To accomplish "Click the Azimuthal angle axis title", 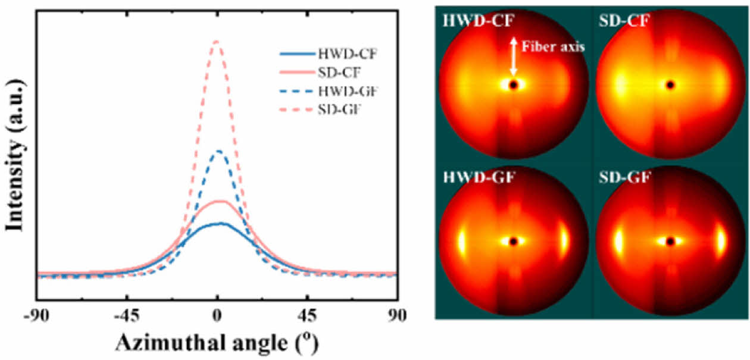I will point(217,343).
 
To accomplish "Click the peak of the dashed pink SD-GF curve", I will point(216,41).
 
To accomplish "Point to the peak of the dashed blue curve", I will point(218,151).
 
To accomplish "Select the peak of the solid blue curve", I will point(220,224).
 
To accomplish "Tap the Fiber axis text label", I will point(553,46).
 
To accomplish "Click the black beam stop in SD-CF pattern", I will point(670,85).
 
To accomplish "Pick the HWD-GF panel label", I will point(474,177).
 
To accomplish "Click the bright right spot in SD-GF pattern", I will point(721,241).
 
